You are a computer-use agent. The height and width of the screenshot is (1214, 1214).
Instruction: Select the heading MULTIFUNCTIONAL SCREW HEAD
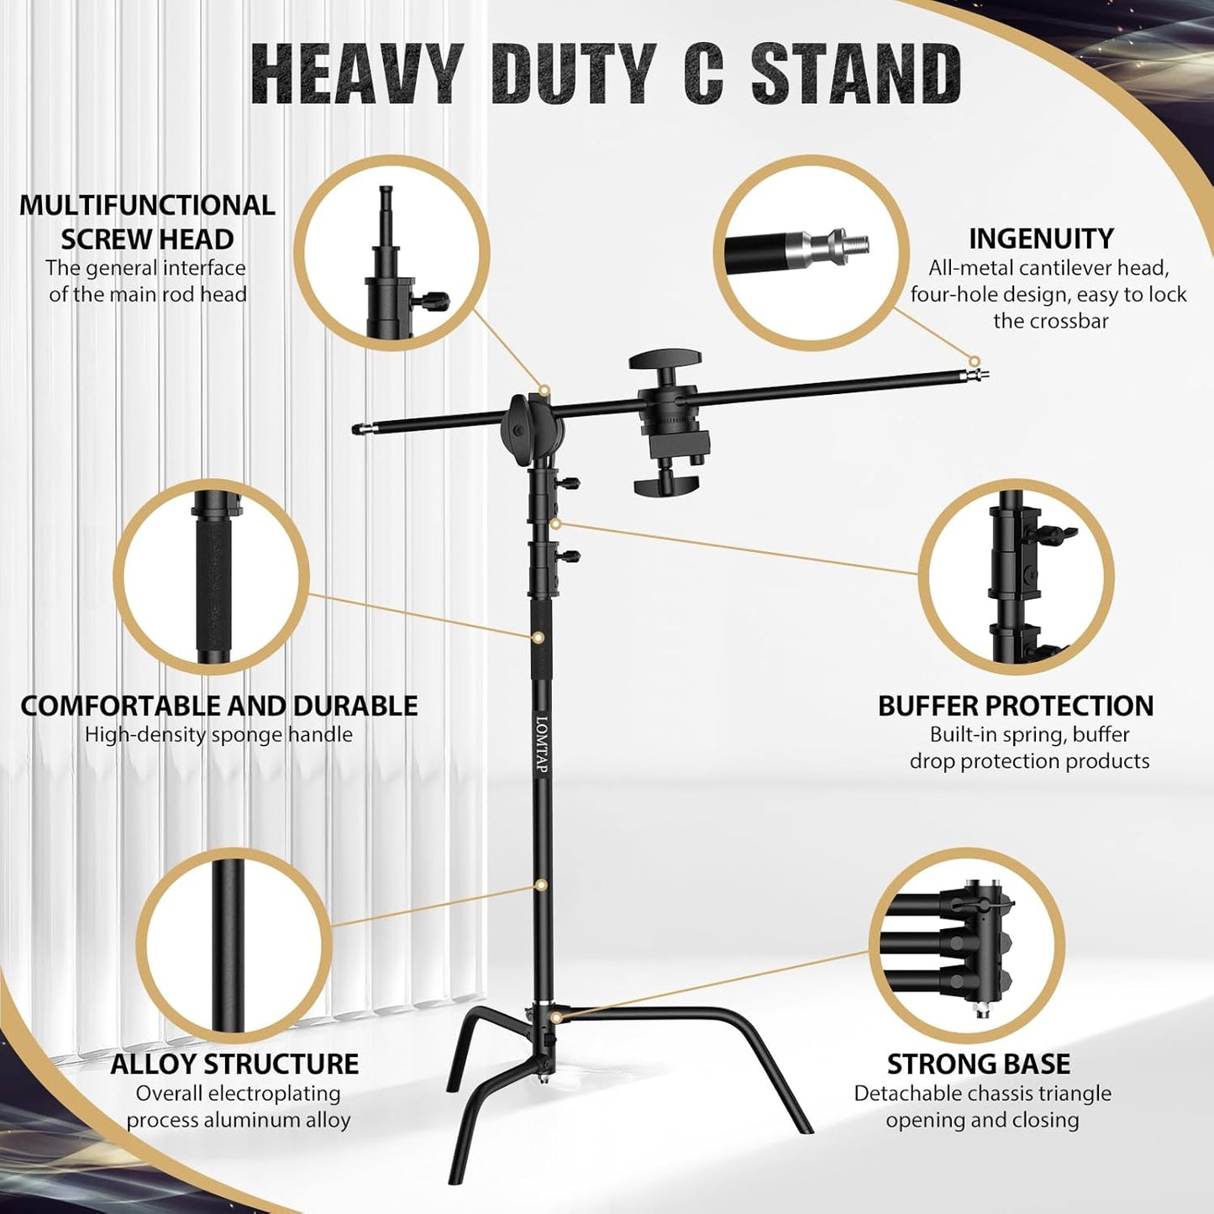[x=147, y=222]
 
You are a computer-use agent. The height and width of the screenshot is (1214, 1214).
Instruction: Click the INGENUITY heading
[x=1041, y=239]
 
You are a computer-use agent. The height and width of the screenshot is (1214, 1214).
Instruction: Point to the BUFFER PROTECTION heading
[x=1015, y=706]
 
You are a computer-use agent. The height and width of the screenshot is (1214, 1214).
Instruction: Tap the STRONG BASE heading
[x=978, y=1064]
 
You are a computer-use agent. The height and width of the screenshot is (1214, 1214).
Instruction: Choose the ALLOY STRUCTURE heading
[x=234, y=1064]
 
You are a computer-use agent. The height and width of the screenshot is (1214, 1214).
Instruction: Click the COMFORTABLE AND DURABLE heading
[x=218, y=706]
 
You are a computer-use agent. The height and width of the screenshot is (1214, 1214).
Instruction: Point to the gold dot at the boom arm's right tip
[x=975, y=362]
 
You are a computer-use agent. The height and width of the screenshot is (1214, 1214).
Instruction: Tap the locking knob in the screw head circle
[x=435, y=298]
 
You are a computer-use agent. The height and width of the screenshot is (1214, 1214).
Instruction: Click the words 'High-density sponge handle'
[x=218, y=734]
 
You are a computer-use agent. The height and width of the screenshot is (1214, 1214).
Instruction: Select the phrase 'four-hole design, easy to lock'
[x=1048, y=295]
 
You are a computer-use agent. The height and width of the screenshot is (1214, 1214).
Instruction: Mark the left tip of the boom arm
[x=358, y=430]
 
